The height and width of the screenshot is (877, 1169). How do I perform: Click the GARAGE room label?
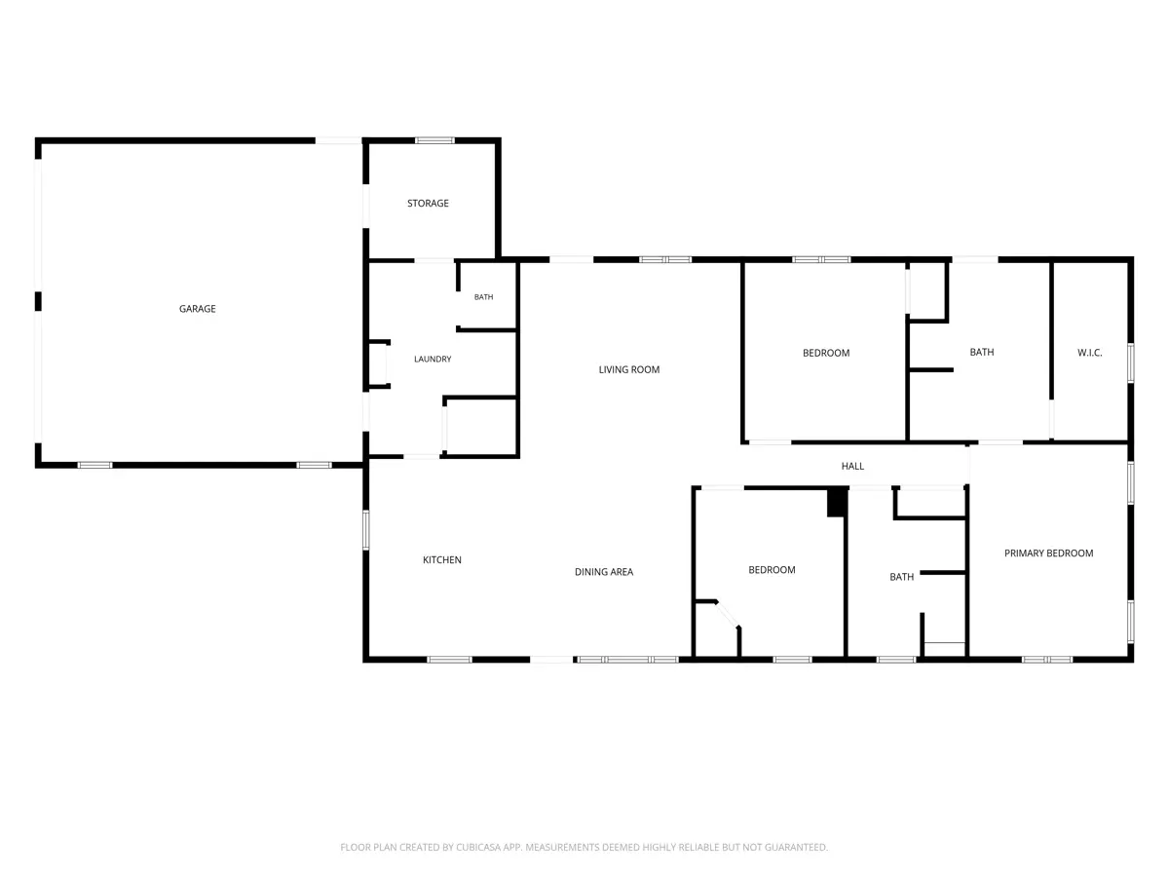(197, 309)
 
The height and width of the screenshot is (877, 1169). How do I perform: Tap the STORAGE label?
(428, 204)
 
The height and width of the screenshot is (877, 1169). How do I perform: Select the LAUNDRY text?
(433, 360)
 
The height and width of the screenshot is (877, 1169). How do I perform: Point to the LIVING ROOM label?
(629, 369)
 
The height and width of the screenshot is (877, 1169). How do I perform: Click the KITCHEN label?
(442, 559)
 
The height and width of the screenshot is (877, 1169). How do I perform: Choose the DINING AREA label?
(604, 572)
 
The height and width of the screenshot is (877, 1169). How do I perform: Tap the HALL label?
(852, 467)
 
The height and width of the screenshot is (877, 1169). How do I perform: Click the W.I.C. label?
(1090, 353)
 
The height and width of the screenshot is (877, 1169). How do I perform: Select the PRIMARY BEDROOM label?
(1048, 553)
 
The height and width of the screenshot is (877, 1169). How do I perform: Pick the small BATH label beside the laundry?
(483, 297)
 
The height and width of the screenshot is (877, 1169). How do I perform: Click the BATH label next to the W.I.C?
(982, 352)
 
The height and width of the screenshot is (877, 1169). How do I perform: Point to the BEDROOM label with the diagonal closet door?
(772, 570)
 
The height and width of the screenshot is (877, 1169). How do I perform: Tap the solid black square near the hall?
(837, 503)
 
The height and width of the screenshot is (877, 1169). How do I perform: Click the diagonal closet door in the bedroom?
(728, 615)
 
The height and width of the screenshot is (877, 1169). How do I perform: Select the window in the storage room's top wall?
(434, 140)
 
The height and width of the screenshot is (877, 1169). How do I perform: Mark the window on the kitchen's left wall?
(366, 530)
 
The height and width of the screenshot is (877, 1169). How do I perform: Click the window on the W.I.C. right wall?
(1130, 362)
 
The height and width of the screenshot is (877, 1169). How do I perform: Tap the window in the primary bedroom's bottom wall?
(1046, 660)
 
